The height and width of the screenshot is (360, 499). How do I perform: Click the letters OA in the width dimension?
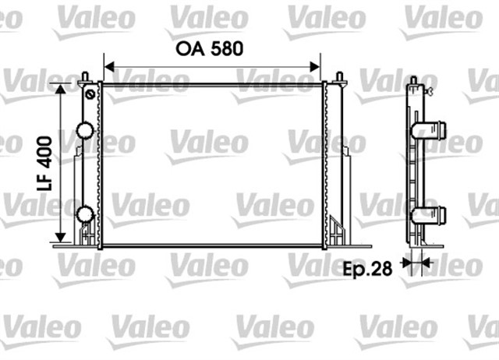pos(189,48)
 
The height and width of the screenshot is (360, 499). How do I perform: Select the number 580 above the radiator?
pos(225,48)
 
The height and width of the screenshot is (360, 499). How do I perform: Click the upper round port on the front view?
pos(84,129)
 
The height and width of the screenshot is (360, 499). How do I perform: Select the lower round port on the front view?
pos(84,214)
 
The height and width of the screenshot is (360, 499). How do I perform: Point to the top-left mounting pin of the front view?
pos(83,77)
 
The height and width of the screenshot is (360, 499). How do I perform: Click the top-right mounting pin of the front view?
pos(340,77)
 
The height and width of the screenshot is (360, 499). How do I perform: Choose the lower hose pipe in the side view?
pos(434,215)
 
